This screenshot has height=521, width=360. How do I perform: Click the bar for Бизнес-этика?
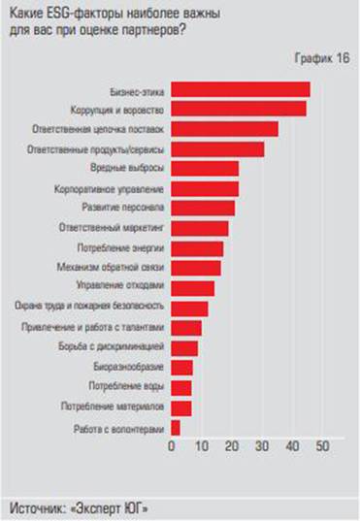pyautogui.click(x=241, y=89)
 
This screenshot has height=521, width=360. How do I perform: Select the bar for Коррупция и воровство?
pyautogui.click(x=239, y=109)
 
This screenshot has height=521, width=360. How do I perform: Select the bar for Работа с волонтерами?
pyautogui.click(x=176, y=427)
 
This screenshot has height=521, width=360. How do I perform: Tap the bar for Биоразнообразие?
pyautogui.click(x=182, y=367)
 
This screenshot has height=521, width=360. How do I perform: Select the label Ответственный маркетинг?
pyautogui.click(x=114, y=228)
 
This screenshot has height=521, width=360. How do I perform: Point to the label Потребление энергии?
pyautogui.click(x=123, y=248)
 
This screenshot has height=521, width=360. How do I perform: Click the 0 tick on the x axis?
pyautogui.click(x=173, y=446)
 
